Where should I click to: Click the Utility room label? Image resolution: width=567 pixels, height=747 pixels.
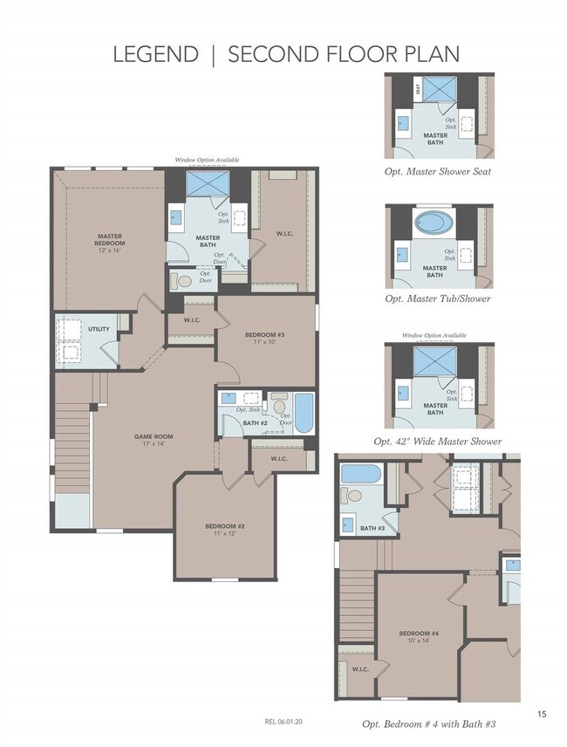pyautogui.click(x=98, y=329)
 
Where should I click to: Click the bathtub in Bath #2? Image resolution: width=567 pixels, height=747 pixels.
pyautogui.click(x=304, y=414)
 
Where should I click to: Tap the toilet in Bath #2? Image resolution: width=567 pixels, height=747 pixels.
pyautogui.click(x=279, y=406)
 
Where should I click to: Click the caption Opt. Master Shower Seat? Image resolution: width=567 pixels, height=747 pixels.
pyautogui.click(x=437, y=171)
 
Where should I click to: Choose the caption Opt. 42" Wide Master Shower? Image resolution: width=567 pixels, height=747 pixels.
pyautogui.click(x=437, y=442)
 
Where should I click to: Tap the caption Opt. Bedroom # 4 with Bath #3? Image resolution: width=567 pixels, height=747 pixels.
pyautogui.click(x=433, y=724)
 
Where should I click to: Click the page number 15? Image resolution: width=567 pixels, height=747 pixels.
pyautogui.click(x=542, y=715)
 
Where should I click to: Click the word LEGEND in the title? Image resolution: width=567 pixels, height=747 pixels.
pyautogui.click(x=155, y=54)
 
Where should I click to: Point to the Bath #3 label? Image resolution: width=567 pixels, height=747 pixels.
pyautogui.click(x=372, y=528)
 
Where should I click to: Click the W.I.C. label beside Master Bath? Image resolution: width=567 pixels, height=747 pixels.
pyautogui.click(x=283, y=234)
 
